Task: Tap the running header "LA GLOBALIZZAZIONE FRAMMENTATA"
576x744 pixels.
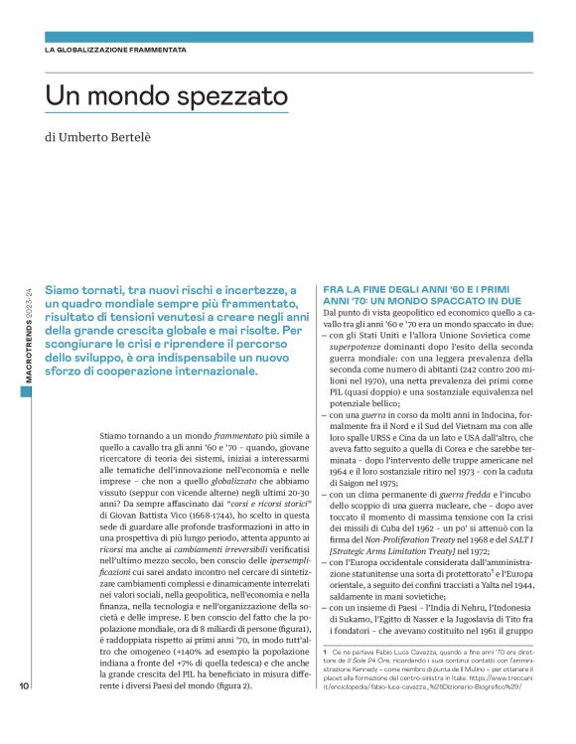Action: pos(115,49)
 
